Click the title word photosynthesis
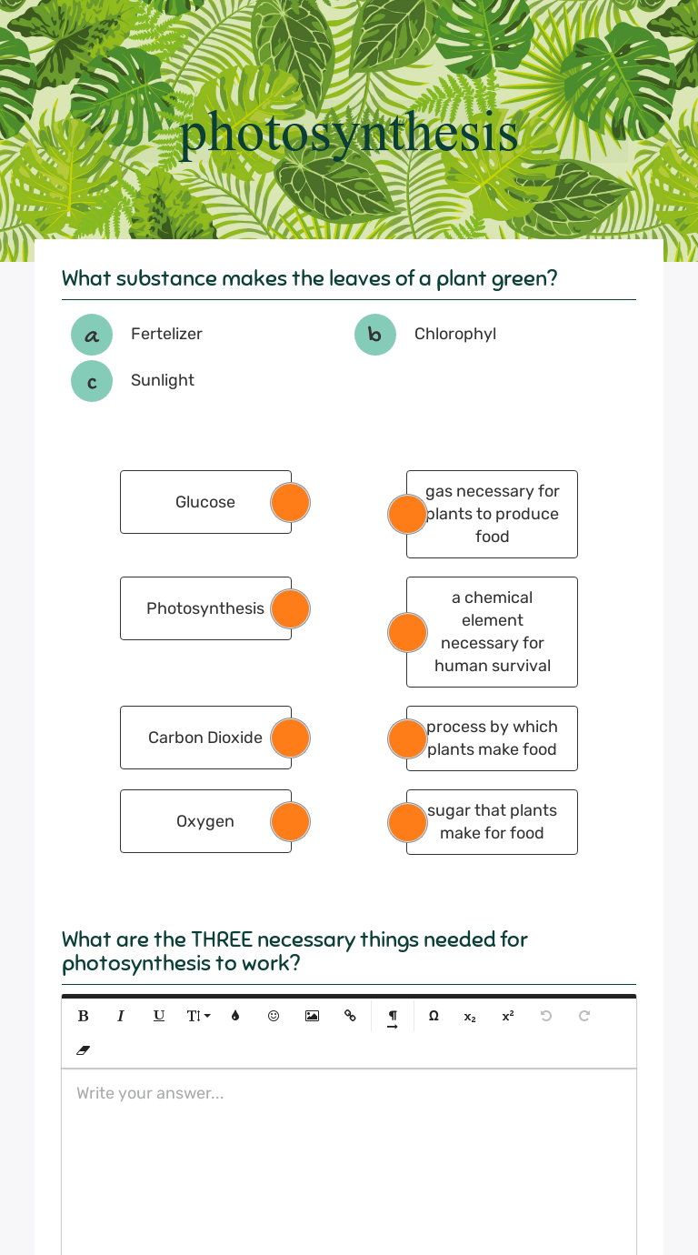point(349,134)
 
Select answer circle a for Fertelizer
point(92,335)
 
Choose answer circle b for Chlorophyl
point(375,335)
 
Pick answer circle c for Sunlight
point(92,381)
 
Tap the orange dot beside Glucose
point(291,502)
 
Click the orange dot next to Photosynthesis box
point(291,608)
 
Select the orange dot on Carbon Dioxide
point(291,738)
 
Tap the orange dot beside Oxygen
point(291,821)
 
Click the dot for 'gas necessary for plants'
point(407,514)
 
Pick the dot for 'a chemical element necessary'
point(407,632)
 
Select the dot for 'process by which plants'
point(407,738)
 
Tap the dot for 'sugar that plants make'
point(407,822)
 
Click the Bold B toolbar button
point(84,1016)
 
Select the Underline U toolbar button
point(159,1016)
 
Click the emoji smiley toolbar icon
point(274,1016)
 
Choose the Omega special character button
point(434,1016)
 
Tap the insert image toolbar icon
point(312,1016)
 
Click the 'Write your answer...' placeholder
point(150,1093)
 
